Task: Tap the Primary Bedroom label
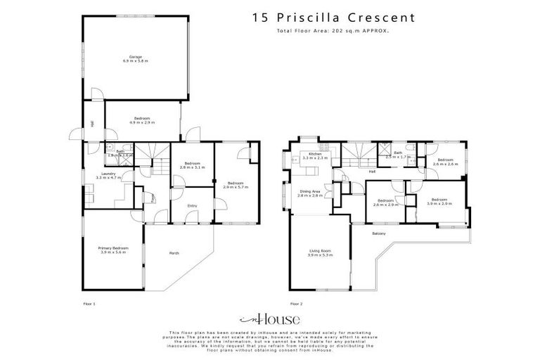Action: click(x=112, y=250)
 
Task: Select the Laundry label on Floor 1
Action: click(x=108, y=175)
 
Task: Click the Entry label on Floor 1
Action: click(x=192, y=205)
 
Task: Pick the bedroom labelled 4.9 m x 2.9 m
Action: click(x=143, y=120)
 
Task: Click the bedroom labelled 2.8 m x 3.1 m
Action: click(x=191, y=166)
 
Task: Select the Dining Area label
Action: click(x=309, y=193)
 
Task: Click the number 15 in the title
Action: click(x=260, y=17)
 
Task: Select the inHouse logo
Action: click(x=269, y=319)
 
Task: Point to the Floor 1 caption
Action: click(x=89, y=304)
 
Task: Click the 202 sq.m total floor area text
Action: click(x=330, y=32)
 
